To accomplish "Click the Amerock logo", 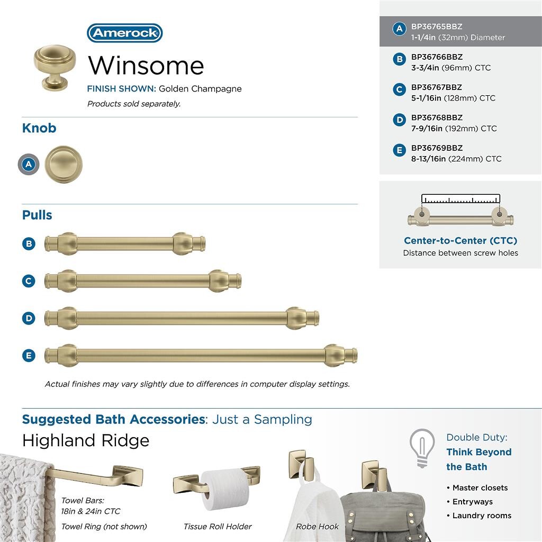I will pyautogui.click(x=124, y=33).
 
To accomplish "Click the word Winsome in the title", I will pyautogui.click(x=146, y=66).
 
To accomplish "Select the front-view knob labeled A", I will pyautogui.click(x=64, y=165).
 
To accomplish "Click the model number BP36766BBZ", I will pyautogui.click(x=437, y=57).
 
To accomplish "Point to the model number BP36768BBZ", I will pyautogui.click(x=437, y=118).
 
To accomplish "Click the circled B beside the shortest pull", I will pyautogui.click(x=29, y=244).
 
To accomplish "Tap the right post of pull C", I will pyautogui.click(x=219, y=281).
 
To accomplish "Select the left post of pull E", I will pyautogui.click(x=67, y=355).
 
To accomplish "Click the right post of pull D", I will pyautogui.click(x=296, y=318).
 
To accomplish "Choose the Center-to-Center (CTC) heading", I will pyautogui.click(x=460, y=241).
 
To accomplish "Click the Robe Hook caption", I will pyautogui.click(x=318, y=527).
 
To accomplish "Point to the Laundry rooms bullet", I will pyautogui.click(x=482, y=516).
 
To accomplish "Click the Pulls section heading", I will pyautogui.click(x=37, y=215).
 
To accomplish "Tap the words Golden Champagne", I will pyautogui.click(x=200, y=89).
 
